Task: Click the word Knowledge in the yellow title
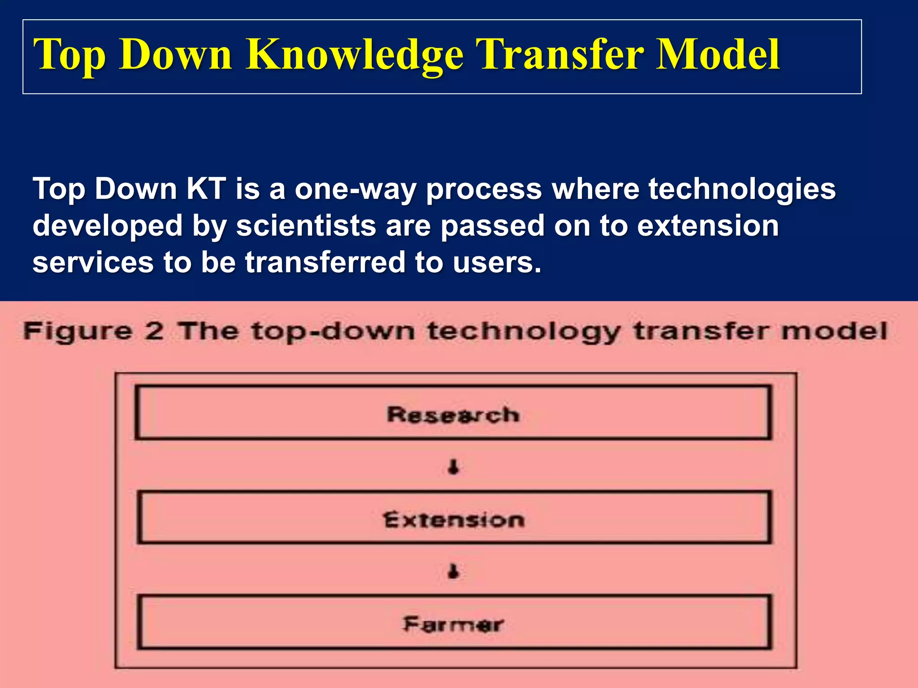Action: pyautogui.click(x=354, y=55)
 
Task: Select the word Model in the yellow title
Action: pyautogui.click(x=718, y=55)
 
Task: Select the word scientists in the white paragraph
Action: pyautogui.click(x=306, y=225)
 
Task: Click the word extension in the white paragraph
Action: pyautogui.click(x=708, y=225)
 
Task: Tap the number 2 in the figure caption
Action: pyautogui.click(x=154, y=331)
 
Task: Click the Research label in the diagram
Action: pyautogui.click(x=453, y=414)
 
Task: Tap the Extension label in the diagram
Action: pyautogui.click(x=454, y=520)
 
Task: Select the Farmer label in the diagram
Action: pyautogui.click(x=453, y=624)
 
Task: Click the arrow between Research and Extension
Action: pyautogui.click(x=454, y=467)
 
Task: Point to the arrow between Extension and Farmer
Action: pyautogui.click(x=454, y=572)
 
